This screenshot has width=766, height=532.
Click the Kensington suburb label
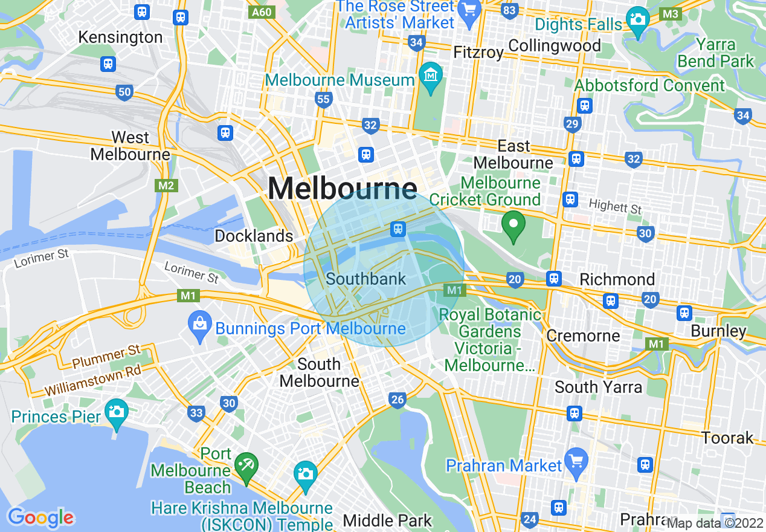[x=120, y=37]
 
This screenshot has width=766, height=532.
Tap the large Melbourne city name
[x=342, y=188]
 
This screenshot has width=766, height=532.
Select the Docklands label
[x=254, y=236]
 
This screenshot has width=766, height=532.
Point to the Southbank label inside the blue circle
[x=365, y=279]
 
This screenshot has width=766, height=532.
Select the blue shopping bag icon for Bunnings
[x=199, y=322]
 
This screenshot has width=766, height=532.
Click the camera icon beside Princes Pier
[x=116, y=412]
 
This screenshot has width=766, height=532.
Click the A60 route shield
[x=262, y=12]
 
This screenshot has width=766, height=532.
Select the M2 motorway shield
[x=166, y=185]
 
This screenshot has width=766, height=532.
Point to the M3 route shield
[x=670, y=13]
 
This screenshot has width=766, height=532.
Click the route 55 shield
[x=324, y=100]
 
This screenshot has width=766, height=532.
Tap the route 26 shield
[x=397, y=400]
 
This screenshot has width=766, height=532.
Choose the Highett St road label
[x=616, y=207]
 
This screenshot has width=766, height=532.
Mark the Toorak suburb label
[x=727, y=438]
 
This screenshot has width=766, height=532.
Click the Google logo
[x=40, y=517]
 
